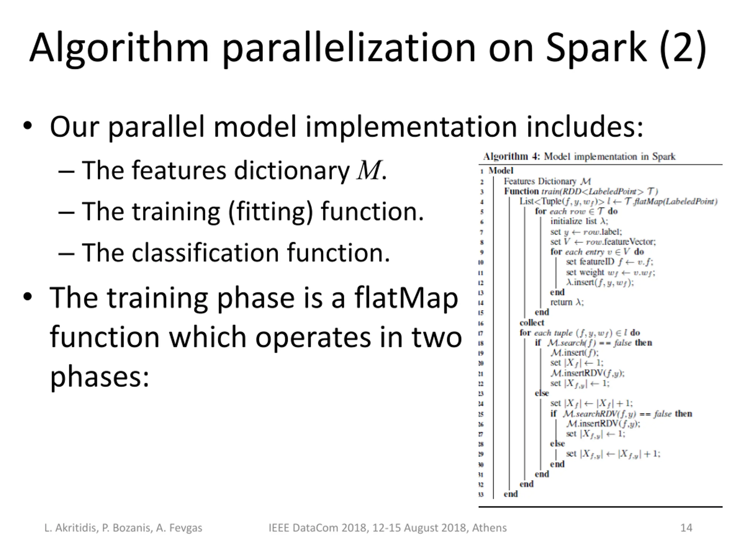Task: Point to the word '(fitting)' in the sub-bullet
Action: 271,212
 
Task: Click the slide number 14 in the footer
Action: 686,528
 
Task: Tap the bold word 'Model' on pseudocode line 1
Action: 501,171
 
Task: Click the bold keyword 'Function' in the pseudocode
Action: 521,191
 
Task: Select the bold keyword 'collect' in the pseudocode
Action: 532,323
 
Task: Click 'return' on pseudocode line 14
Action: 561,302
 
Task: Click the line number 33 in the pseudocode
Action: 481,495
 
